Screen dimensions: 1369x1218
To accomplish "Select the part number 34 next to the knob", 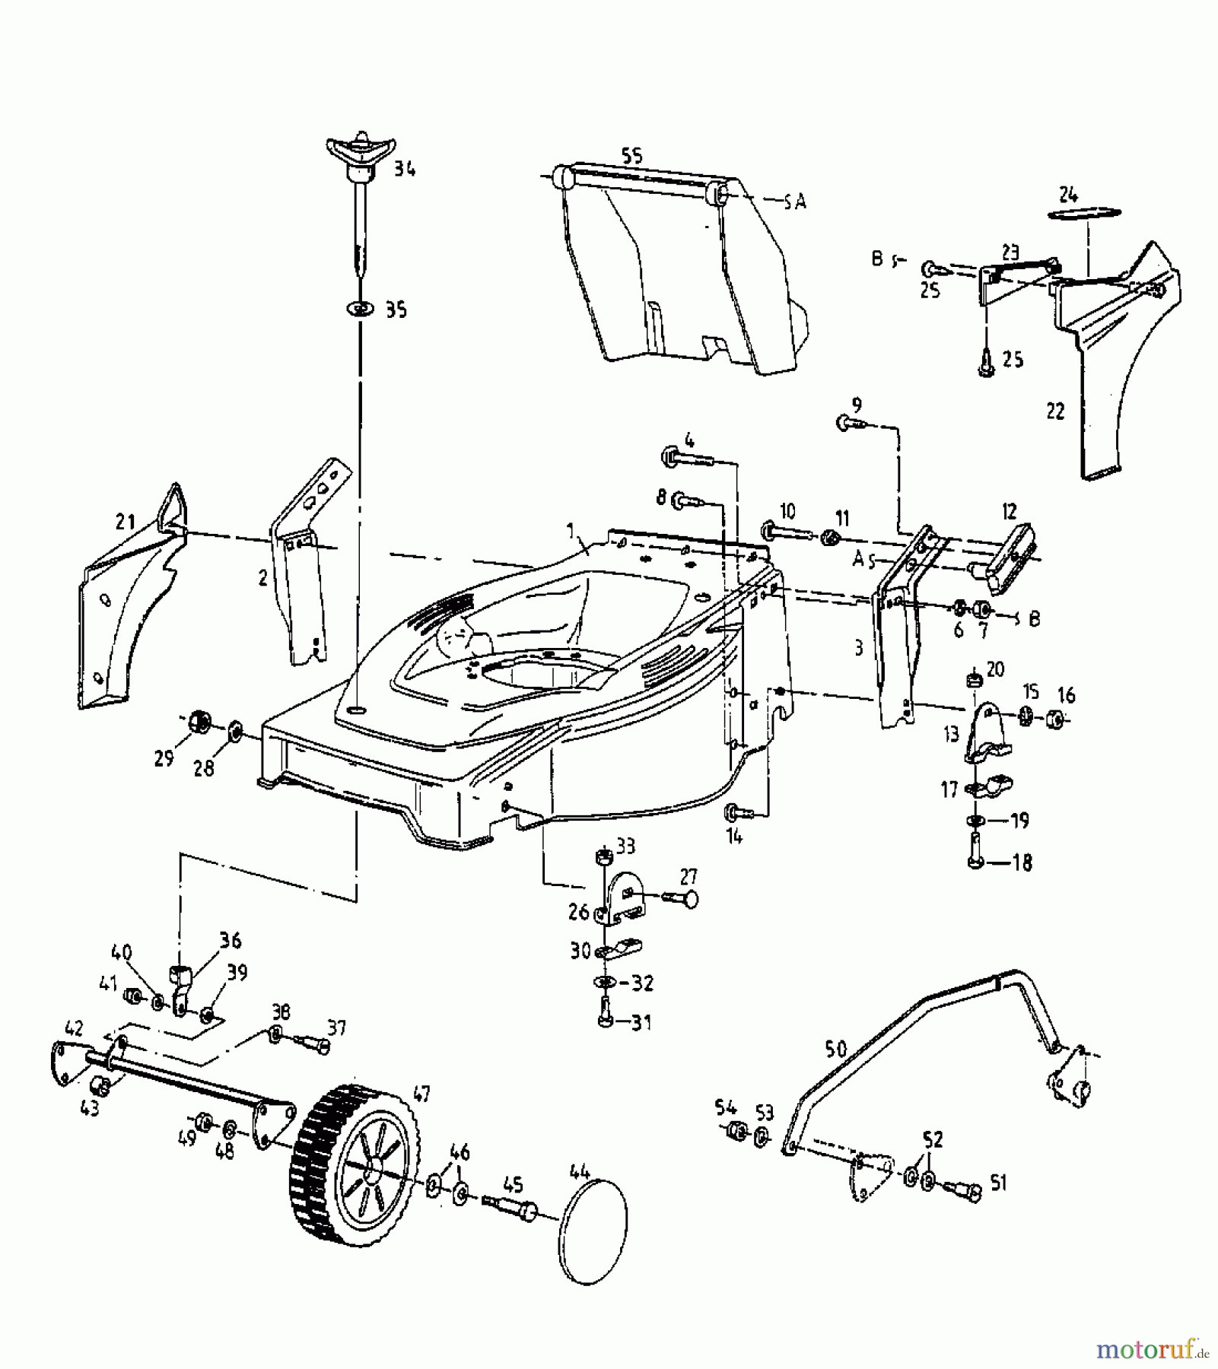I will [x=405, y=170].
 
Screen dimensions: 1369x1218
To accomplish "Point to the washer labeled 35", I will [x=362, y=309].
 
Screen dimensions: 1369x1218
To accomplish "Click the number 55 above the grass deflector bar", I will [x=631, y=155].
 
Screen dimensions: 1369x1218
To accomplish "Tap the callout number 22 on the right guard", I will [x=1054, y=411].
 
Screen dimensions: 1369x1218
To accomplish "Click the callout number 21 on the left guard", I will [x=125, y=522].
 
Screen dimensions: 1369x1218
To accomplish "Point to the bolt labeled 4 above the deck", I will [x=682, y=458].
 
